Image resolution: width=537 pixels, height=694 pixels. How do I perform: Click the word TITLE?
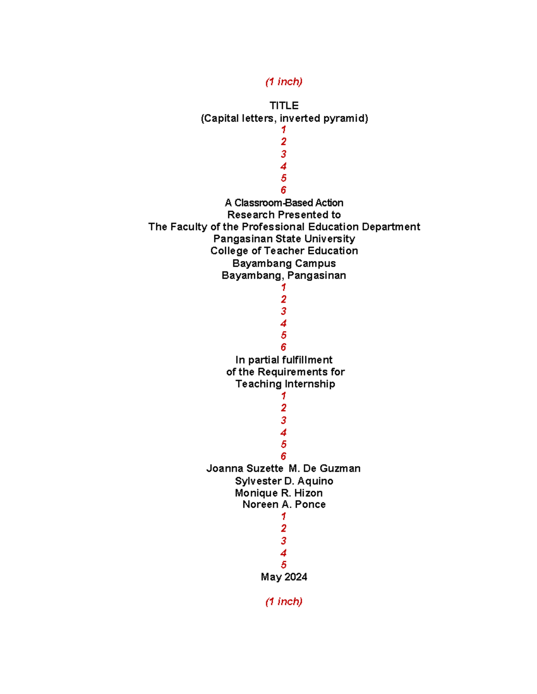(x=284, y=106)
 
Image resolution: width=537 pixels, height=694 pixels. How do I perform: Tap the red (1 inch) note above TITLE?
(x=284, y=82)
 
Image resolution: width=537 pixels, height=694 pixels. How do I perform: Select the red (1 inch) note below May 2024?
(x=284, y=601)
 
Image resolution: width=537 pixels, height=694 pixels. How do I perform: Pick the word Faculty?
(x=189, y=227)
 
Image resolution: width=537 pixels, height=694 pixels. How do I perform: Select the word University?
(x=330, y=239)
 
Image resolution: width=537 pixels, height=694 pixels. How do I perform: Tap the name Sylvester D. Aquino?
(x=284, y=481)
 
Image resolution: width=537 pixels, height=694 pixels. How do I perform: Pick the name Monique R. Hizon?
(x=278, y=493)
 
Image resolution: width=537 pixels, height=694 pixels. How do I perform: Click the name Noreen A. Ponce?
(x=284, y=505)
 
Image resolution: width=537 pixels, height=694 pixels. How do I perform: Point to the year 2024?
(x=296, y=577)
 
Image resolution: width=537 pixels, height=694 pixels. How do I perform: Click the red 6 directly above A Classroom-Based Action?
(x=283, y=190)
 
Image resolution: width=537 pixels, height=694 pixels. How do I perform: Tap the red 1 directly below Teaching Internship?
(x=283, y=396)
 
